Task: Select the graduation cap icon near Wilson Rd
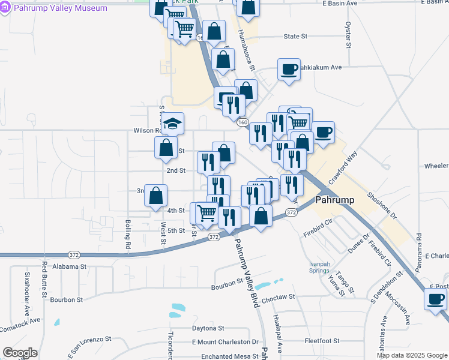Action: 173,124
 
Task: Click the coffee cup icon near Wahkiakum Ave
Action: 289,69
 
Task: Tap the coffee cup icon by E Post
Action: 435,298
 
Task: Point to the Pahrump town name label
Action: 337,200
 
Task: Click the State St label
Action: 295,37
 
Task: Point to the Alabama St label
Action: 70,266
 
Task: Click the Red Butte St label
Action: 44,279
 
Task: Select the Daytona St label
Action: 208,328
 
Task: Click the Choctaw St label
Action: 278,296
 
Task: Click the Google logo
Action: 20,353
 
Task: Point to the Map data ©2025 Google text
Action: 411,355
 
